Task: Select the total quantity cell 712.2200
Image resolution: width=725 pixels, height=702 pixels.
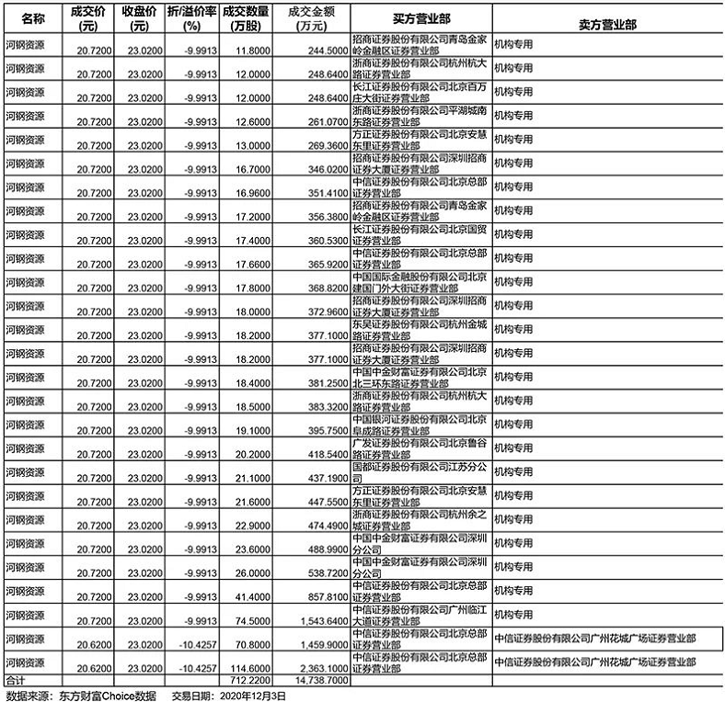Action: [250, 680]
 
